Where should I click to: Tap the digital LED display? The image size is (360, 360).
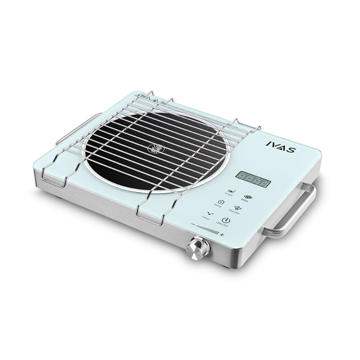[253, 179]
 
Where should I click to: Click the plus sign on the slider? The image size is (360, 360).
[222, 234]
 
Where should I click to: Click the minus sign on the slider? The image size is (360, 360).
[193, 224]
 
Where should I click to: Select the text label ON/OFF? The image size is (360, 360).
[222, 224]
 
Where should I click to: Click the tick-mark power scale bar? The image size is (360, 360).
[208, 229]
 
